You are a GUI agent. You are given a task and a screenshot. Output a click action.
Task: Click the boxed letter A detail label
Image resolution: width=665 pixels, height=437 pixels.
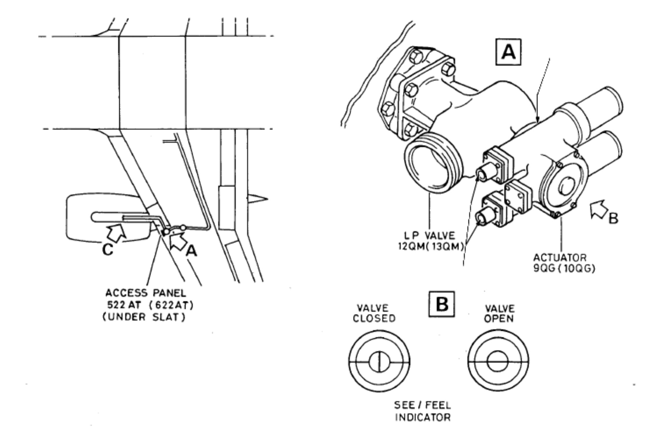point(508,52)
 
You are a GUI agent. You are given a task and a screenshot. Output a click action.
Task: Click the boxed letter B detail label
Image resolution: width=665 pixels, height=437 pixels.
point(442,304)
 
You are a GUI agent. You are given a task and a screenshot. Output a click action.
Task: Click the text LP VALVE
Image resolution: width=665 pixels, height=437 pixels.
point(430,236)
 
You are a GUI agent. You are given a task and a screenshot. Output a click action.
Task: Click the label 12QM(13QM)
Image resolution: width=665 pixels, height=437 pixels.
point(431,247)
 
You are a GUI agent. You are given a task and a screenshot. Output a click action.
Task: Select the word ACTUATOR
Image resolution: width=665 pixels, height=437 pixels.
point(560,258)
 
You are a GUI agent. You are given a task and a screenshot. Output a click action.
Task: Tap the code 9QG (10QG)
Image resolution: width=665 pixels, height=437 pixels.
point(564,268)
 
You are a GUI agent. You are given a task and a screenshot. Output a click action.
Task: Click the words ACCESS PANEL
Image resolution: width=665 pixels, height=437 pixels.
point(146,293)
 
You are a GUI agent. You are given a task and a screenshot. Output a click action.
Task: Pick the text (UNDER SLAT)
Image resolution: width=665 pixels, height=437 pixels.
point(144,317)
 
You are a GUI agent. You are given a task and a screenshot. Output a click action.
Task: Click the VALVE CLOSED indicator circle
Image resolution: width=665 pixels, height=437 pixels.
point(379,361)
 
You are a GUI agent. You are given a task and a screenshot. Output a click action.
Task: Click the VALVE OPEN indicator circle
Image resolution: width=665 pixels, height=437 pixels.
point(498,361)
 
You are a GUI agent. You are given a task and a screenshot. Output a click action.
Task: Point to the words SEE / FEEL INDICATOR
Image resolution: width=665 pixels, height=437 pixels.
point(422,411)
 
